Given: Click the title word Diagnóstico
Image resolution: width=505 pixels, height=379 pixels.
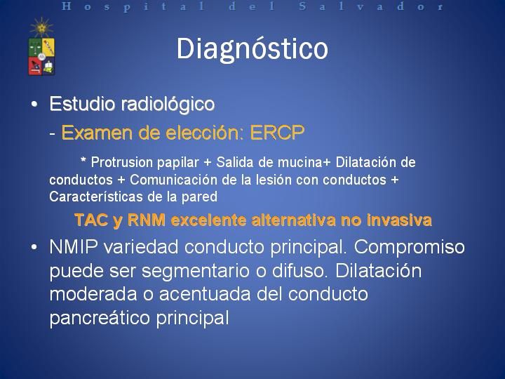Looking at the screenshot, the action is click(x=252, y=49).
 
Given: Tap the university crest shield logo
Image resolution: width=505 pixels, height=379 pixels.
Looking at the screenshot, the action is click(x=41, y=57).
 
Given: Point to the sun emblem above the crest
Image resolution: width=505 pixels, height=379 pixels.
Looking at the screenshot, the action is click(x=41, y=27).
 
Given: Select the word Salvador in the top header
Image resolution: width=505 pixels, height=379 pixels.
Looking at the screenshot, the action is click(x=371, y=6).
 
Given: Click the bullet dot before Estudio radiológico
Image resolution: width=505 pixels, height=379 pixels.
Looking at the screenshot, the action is click(x=34, y=105).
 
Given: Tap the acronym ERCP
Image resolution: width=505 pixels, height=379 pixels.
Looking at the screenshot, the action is click(x=277, y=133).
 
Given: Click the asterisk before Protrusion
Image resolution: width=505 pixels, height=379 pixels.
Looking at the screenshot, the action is click(x=83, y=160).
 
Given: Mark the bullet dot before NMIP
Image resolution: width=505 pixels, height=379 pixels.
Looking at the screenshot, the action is click(x=34, y=248).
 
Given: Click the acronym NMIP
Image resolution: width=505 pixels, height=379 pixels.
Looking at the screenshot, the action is click(x=74, y=247).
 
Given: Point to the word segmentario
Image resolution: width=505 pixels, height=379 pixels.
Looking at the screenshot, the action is click(x=196, y=272).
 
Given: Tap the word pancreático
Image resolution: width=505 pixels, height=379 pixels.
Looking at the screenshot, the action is click(x=100, y=319).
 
